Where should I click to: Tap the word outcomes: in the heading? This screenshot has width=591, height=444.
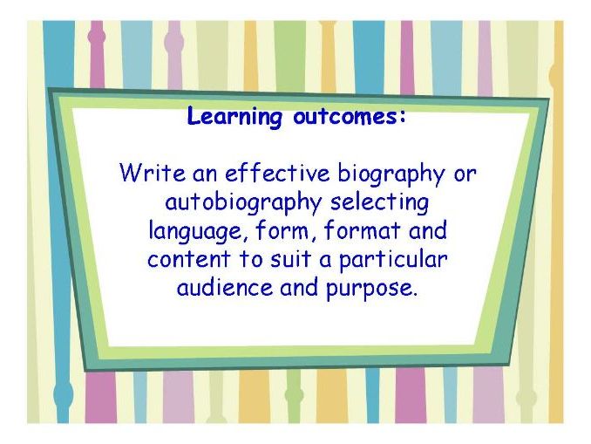[350, 116]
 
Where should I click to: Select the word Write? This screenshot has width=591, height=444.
[146, 173]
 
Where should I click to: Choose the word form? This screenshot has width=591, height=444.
[278, 232]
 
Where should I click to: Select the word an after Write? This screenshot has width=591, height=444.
[194, 174]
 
